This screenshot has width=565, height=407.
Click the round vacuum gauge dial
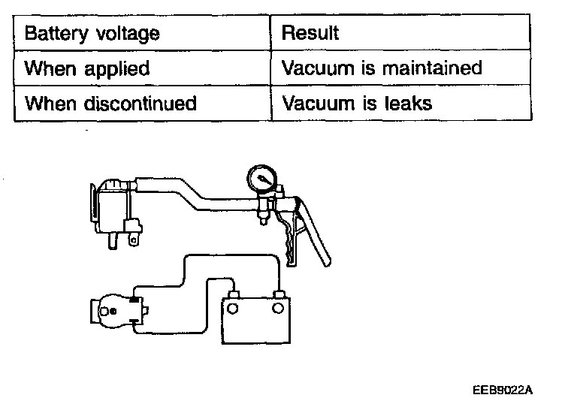click(x=260, y=181)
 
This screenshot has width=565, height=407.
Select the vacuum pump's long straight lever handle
click(x=315, y=232)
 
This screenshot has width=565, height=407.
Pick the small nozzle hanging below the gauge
click(x=264, y=217)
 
